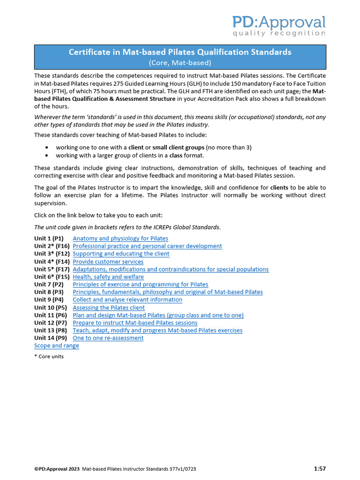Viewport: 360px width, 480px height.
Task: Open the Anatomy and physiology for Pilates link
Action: [x=120, y=239]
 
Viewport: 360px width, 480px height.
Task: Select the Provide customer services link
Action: [x=108, y=262]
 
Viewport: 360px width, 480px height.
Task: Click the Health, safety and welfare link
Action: [x=108, y=277]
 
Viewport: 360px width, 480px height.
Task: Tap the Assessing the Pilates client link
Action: [x=108, y=307]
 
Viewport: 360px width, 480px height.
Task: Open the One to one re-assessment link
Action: [x=108, y=338]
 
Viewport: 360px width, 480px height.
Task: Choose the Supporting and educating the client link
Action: [x=121, y=254]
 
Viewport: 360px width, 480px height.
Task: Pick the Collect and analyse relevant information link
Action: [x=127, y=300]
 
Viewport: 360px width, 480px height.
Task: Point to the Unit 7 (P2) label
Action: [x=49, y=285]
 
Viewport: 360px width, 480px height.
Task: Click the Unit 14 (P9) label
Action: [x=50, y=338]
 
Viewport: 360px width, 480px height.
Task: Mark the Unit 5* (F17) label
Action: [x=52, y=269]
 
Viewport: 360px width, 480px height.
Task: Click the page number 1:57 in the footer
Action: [x=320, y=468]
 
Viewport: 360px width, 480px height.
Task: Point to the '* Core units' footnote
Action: [x=49, y=356]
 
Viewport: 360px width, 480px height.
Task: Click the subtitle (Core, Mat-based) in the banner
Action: [x=180, y=62]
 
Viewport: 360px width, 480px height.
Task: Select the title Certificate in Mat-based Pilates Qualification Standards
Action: [x=180, y=52]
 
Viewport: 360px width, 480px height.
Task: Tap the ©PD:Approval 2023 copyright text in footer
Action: [x=57, y=469]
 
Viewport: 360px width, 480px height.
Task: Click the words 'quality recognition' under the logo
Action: [x=279, y=33]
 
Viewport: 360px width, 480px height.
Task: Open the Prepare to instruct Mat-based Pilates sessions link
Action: [x=135, y=322]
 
